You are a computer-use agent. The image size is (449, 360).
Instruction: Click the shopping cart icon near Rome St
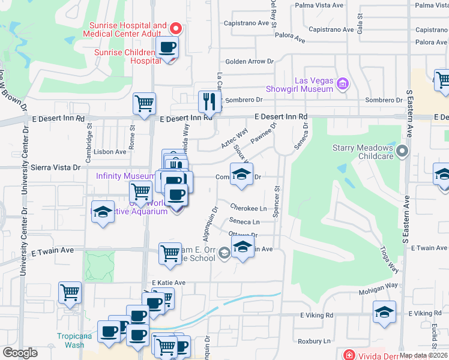coord(144,104)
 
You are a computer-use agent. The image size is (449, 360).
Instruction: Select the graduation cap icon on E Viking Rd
coord(384,311)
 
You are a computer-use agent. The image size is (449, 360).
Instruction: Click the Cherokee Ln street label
coord(249,208)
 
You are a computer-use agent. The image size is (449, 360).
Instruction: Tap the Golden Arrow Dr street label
coord(249,61)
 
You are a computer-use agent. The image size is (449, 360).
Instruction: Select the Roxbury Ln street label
coord(314,341)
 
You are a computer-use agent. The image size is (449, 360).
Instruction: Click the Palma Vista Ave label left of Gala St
coord(318,5)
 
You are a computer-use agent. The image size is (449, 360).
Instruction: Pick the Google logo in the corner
coord(20,352)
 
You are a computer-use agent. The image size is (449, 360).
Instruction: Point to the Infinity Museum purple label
coord(125,176)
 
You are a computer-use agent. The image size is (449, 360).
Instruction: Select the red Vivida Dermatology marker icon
coord(348,355)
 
